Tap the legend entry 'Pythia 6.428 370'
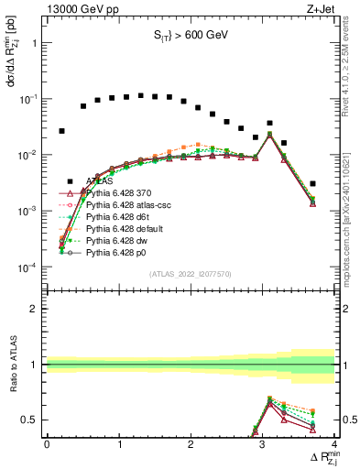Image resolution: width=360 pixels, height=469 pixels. pos(123,192)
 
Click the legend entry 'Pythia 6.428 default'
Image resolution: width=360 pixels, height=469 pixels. pos(126,228)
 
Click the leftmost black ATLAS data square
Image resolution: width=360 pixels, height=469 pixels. pos(61,131)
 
